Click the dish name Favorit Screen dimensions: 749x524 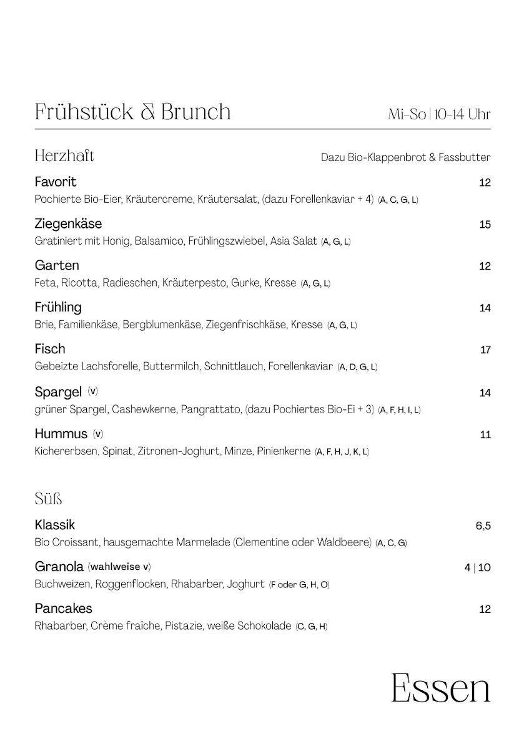pos(56,182)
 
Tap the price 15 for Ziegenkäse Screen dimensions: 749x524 pos(485,225)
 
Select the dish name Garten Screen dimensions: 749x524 pos(57,266)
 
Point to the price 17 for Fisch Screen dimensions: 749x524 pos(485,350)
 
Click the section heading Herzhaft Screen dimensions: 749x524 pos(64,155)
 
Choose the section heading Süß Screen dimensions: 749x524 pos(48,499)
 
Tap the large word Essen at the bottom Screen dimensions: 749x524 pos(440,688)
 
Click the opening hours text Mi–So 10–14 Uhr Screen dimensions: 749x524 pos(439,115)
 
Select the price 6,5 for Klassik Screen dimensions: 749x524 pos(483,526)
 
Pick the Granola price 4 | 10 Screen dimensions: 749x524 pos(478,567)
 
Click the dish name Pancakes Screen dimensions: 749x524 pos(63,609)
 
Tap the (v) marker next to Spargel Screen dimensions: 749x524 pos(93,391)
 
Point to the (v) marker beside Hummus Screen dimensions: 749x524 pos(98,433)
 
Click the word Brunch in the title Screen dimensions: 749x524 pos(196,112)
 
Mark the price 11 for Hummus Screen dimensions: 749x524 pos(485,435)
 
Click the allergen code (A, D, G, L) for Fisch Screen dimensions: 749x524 pos(357,367)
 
